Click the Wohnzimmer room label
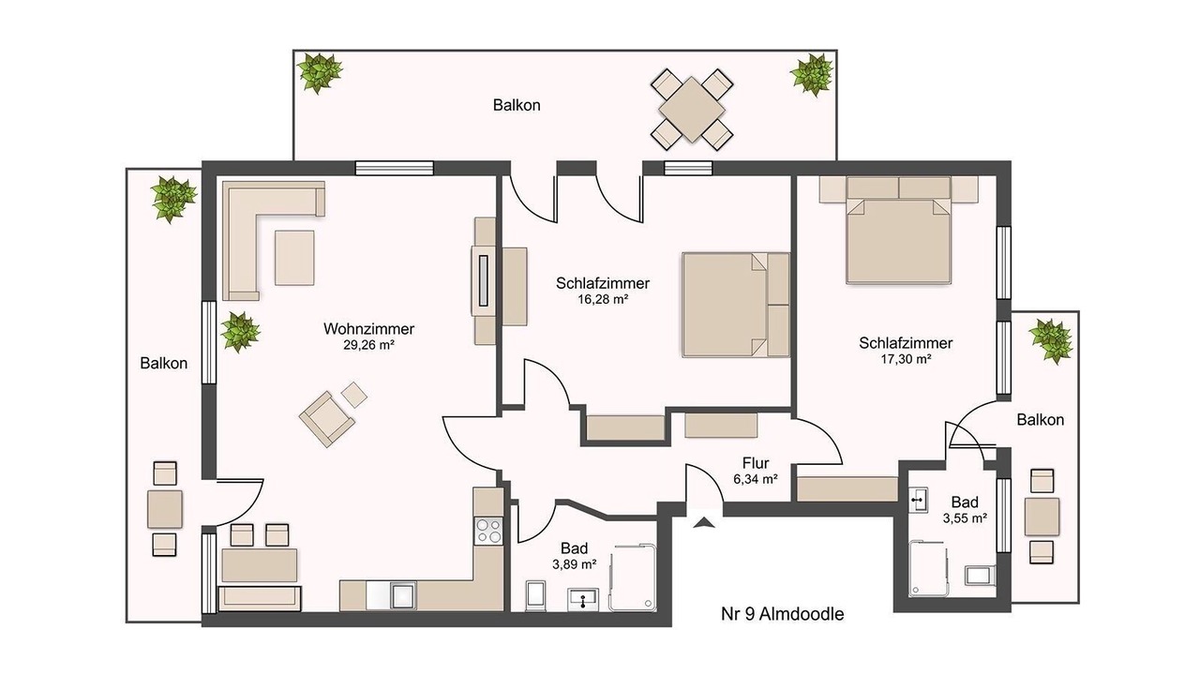(368, 328)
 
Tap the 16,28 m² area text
(603, 299)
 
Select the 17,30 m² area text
(906, 359)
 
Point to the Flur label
(756, 463)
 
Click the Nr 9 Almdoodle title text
(782, 614)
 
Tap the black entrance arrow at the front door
(703, 522)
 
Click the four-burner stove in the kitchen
(488, 531)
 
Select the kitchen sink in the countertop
(403, 595)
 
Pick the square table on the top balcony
(692, 110)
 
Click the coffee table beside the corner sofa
(294, 258)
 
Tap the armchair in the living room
(327, 418)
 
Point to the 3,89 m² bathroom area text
(575, 564)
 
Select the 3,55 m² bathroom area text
(965, 518)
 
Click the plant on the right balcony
(1051, 340)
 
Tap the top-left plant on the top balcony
(320, 72)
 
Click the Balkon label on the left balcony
(164, 363)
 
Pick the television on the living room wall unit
(484, 280)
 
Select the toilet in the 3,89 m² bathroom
(535, 595)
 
